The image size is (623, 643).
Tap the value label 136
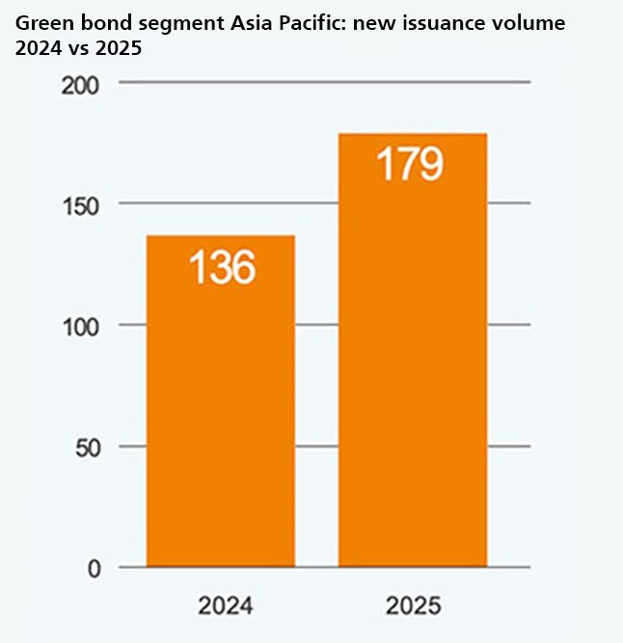click(x=221, y=267)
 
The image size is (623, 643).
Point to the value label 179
click(x=409, y=164)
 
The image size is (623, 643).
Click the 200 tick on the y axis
click(x=82, y=85)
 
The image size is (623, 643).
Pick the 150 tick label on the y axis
click(x=82, y=205)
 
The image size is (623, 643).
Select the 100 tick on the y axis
click(x=82, y=326)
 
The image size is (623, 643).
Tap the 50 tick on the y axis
click(x=88, y=447)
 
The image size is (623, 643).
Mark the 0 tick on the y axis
click(x=95, y=568)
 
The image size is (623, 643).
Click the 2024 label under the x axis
click(x=226, y=606)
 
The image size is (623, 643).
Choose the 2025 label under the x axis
click(x=413, y=606)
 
